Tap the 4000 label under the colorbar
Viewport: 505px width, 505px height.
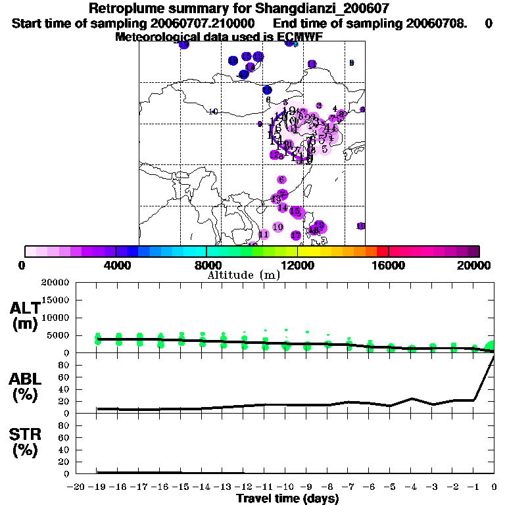click(x=116, y=265)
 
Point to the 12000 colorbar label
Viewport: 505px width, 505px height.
click(x=297, y=265)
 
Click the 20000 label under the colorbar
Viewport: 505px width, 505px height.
click(x=475, y=265)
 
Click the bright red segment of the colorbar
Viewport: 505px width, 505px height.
click(x=382, y=251)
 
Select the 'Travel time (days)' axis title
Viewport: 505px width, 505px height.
click(x=287, y=498)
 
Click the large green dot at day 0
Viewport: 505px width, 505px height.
click(x=491, y=348)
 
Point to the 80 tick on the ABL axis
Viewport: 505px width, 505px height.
click(x=66, y=365)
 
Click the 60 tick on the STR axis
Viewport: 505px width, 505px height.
click(x=66, y=438)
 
